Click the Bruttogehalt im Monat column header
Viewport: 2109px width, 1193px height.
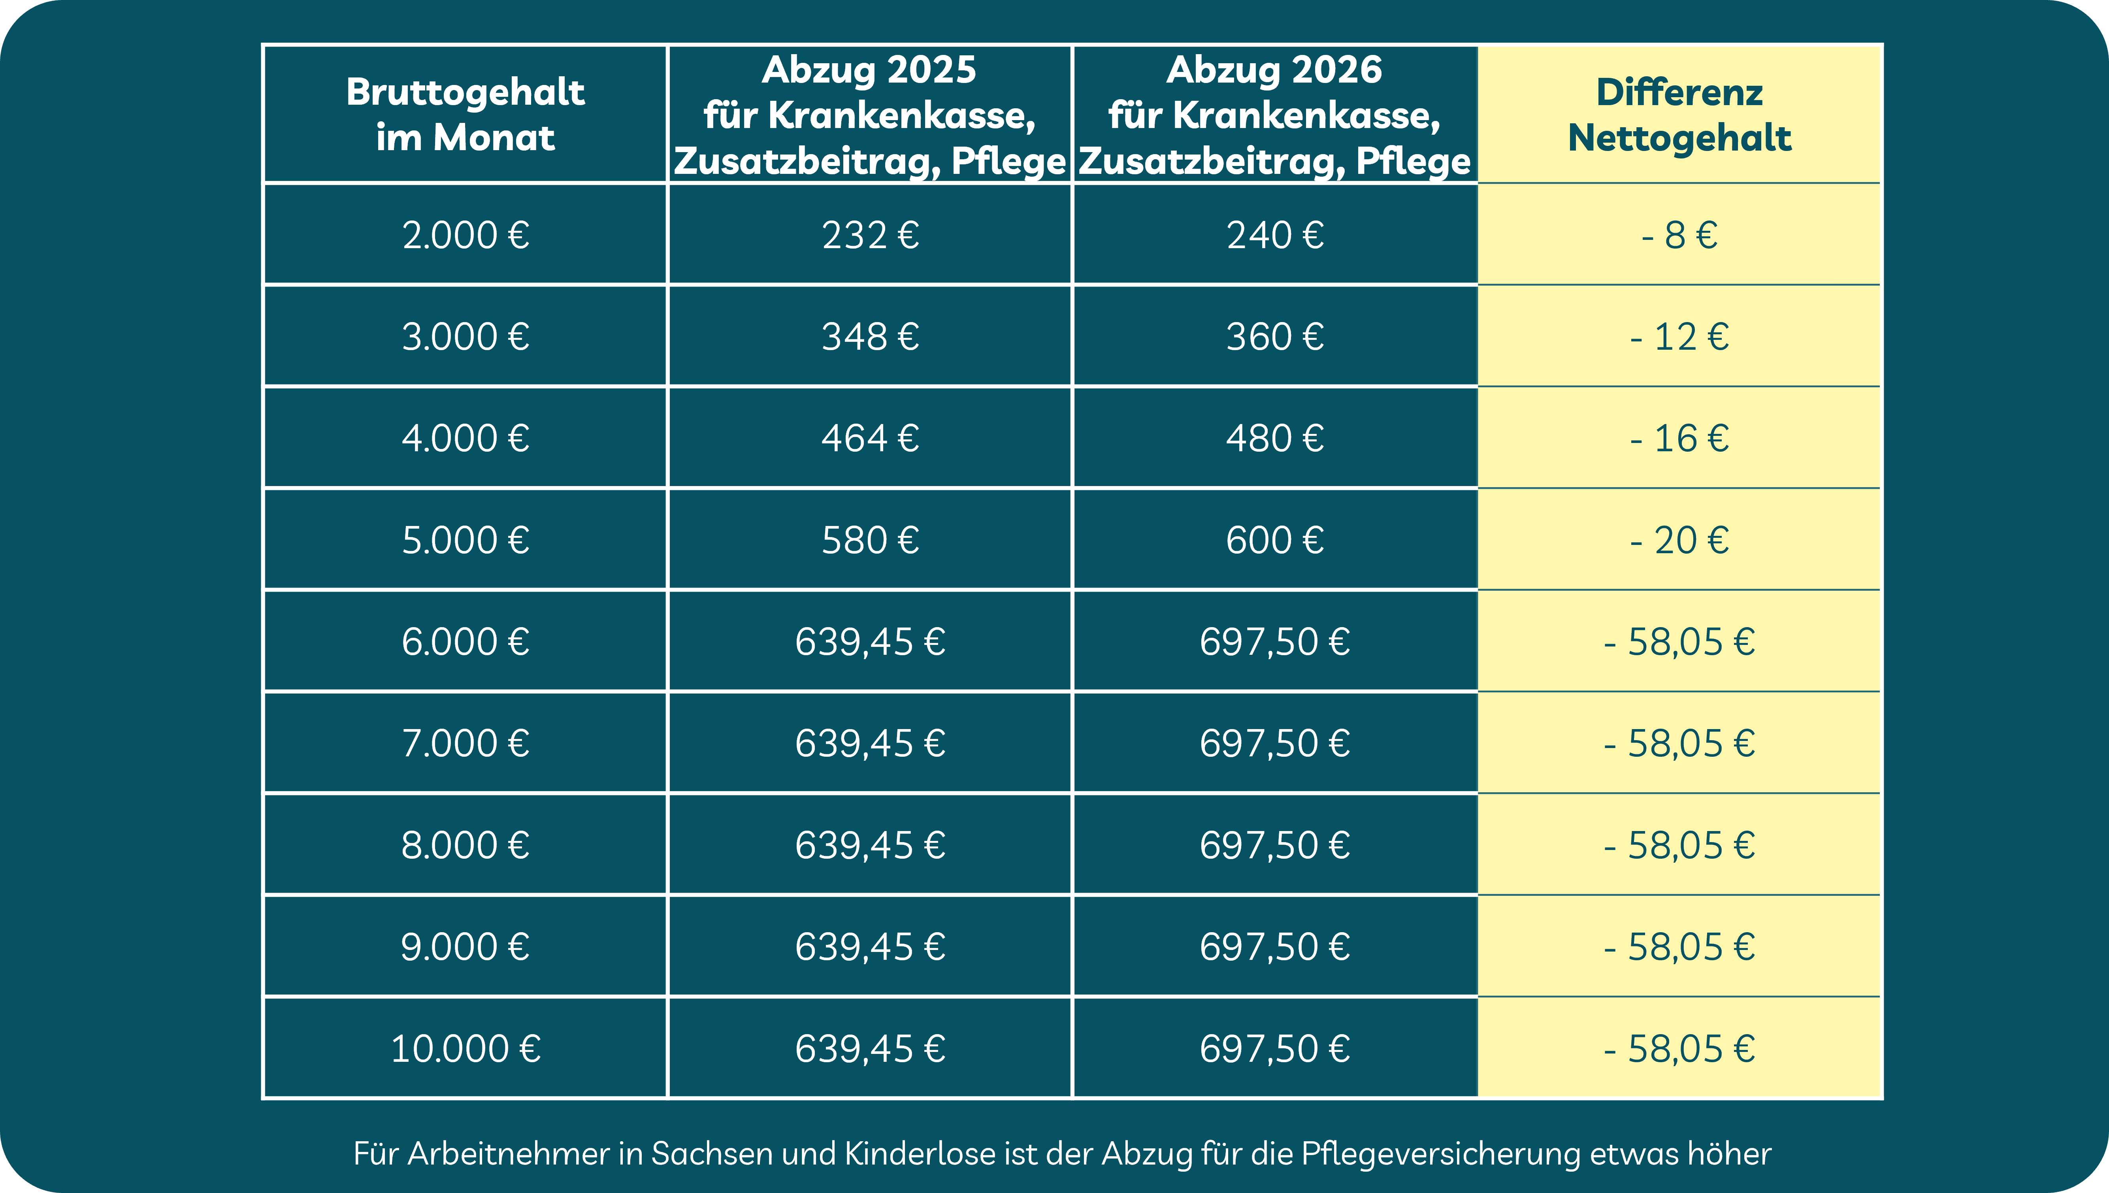(466, 114)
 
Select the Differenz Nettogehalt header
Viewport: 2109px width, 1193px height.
(1680, 114)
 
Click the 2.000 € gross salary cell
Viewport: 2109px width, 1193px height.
(466, 235)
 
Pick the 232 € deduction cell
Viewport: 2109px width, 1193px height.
(870, 235)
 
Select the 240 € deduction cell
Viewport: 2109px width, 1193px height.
(1275, 235)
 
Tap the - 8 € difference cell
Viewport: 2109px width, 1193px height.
(1680, 235)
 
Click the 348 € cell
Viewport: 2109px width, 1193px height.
(870, 337)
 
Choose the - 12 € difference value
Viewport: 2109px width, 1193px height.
(1680, 337)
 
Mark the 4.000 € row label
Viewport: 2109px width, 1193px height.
(466, 438)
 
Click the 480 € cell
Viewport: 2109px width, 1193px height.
(1275, 438)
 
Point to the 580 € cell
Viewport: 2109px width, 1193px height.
(870, 540)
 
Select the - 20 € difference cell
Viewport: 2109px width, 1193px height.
(1680, 540)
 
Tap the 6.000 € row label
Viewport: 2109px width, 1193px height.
(466, 642)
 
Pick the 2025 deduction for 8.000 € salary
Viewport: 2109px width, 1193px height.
(870, 845)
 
